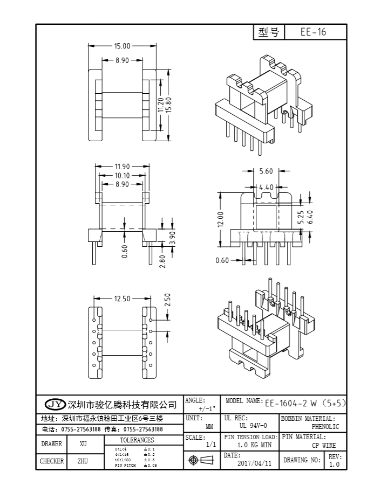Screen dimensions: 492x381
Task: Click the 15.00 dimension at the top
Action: (x=121, y=46)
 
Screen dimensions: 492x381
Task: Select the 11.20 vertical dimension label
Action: (x=160, y=105)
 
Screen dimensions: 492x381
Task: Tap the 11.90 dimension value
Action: (x=121, y=167)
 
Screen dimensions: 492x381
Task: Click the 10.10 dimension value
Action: (x=121, y=176)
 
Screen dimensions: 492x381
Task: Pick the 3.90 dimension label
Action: (x=172, y=238)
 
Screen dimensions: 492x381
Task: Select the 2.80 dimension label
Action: (x=162, y=261)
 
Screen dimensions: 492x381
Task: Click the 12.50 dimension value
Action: (x=121, y=298)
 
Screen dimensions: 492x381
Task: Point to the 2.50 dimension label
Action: (x=167, y=300)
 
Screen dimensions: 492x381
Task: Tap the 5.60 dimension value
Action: (x=266, y=171)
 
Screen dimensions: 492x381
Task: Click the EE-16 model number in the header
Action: (x=314, y=32)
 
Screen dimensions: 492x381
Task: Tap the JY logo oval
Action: (x=55, y=404)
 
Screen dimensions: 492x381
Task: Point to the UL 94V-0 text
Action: (x=253, y=426)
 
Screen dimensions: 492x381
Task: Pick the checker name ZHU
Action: (x=83, y=461)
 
